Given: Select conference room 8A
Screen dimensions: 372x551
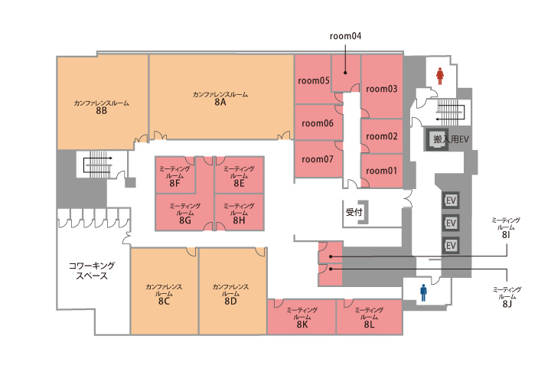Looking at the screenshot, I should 220,97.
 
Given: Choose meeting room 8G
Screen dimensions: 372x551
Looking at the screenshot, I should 184,212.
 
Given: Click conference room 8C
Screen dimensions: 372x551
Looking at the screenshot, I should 164,292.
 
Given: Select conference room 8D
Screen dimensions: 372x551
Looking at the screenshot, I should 230,292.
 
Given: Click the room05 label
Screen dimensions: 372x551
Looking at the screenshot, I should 313,80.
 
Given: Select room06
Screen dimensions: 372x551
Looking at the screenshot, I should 318,123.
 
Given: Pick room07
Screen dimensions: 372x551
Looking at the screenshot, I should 318,159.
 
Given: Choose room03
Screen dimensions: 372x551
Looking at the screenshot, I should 382,89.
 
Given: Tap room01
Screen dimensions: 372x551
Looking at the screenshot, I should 382,171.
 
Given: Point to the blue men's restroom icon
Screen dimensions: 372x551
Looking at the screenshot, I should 422,292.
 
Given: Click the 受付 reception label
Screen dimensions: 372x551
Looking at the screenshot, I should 353,212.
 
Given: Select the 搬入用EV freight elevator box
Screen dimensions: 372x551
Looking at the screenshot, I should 444,140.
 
